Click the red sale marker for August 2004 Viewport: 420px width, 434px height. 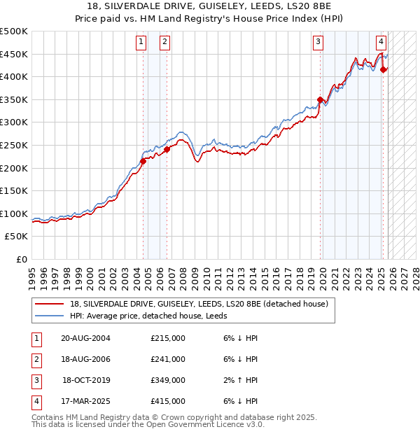click(143, 161)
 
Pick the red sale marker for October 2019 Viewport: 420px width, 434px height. click(320, 100)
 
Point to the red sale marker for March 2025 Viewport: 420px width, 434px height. click(383, 69)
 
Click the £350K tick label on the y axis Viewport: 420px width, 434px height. click(14, 99)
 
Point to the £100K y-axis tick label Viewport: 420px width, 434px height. click(14, 213)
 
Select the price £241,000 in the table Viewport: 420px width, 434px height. click(168, 359)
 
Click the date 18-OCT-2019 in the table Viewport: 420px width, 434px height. click(87, 380)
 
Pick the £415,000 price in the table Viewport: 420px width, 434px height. click(168, 401)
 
